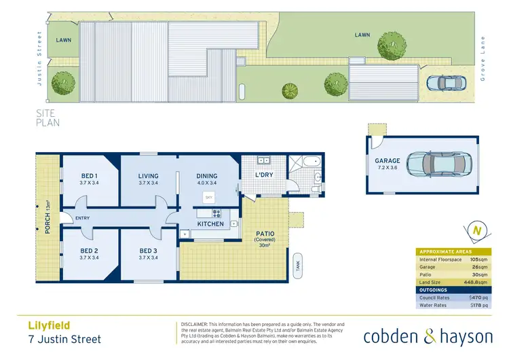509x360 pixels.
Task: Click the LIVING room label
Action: pyautogui.click(x=148, y=175)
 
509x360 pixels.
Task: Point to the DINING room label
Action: pyautogui.click(x=207, y=175)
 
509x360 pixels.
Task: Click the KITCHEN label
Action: pyautogui.click(x=210, y=223)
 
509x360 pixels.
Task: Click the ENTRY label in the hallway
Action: pyautogui.click(x=83, y=218)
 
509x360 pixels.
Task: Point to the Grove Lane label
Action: pyautogui.click(x=483, y=59)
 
